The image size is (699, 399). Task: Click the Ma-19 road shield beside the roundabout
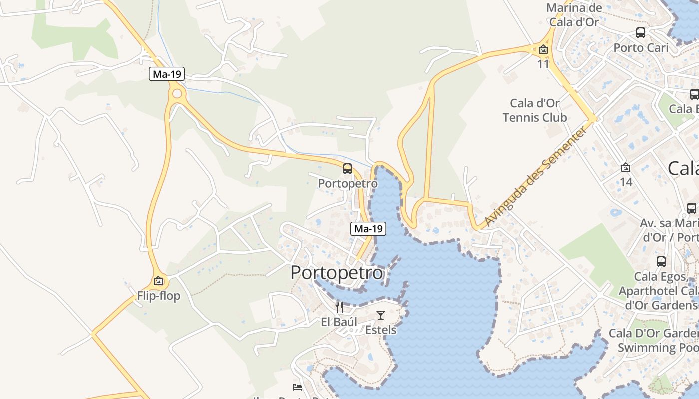click(167, 74)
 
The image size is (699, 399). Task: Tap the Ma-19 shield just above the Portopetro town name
click(369, 229)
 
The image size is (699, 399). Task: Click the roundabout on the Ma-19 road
click(176, 94)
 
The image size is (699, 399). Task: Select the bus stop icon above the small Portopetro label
click(348, 169)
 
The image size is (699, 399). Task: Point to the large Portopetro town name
click(337, 273)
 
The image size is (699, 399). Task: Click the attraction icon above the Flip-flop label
click(158, 281)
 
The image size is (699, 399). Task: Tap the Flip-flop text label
click(159, 296)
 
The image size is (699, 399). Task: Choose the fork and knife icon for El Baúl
click(339, 307)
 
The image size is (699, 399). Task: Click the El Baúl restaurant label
click(339, 322)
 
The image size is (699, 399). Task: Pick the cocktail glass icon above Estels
click(381, 315)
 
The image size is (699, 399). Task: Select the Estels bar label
click(381, 330)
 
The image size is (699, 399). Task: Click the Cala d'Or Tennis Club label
click(535, 110)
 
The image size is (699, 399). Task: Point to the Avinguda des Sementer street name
click(535, 177)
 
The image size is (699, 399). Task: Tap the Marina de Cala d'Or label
click(574, 15)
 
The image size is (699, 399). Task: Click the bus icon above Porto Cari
click(641, 33)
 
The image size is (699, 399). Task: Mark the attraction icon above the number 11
click(543, 50)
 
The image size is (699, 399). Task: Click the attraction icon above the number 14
click(626, 167)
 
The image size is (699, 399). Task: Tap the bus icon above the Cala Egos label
click(661, 261)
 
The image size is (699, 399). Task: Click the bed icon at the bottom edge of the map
click(297, 387)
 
